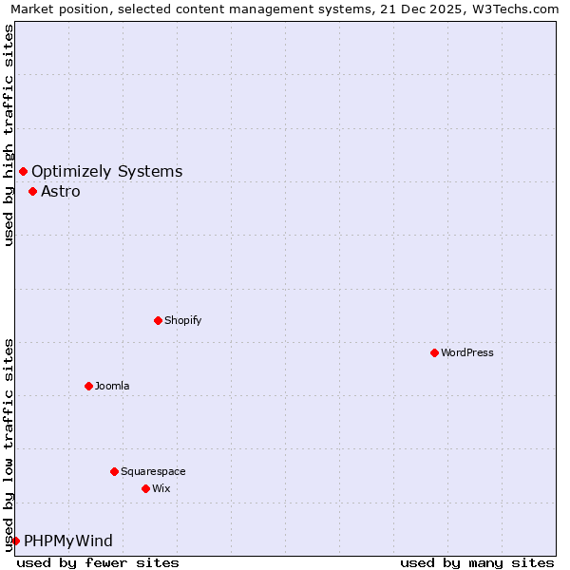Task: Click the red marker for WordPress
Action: tap(434, 352)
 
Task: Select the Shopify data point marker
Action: tap(158, 320)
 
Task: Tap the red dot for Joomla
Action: tap(88, 386)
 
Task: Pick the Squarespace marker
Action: tap(114, 471)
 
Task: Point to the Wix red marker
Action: tap(145, 488)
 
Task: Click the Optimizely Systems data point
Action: tap(23, 171)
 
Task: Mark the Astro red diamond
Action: tap(32, 191)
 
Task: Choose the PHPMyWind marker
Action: tap(15, 541)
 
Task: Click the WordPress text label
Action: tap(467, 352)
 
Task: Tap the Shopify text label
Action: tap(183, 320)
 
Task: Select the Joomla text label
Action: tap(112, 386)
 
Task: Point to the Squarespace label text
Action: tap(153, 471)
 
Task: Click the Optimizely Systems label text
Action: tap(107, 171)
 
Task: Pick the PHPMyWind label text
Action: tap(68, 541)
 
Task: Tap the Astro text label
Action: tap(61, 191)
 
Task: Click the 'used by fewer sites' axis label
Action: tap(98, 562)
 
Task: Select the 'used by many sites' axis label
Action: tap(477, 562)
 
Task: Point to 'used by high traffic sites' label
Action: tap(9, 135)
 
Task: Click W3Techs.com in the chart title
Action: tap(515, 9)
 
